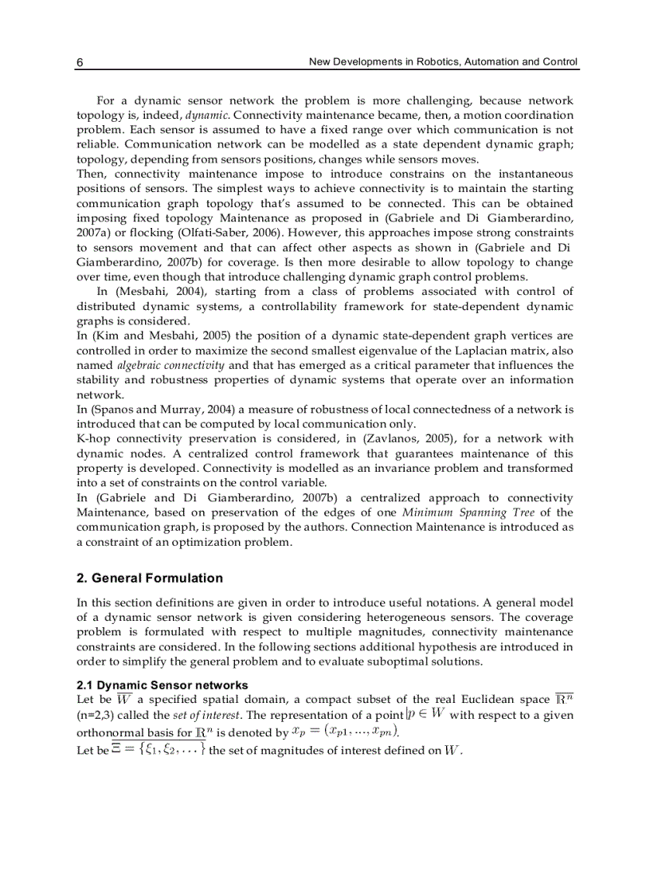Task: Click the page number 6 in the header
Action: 80,62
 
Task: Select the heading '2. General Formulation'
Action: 150,578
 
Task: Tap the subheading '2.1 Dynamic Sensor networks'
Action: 162,685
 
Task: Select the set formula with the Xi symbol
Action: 159,749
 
